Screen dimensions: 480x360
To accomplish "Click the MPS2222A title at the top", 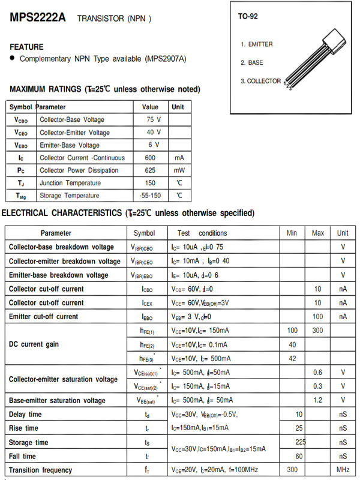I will [38, 17].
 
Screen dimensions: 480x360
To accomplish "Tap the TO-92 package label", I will [248, 16].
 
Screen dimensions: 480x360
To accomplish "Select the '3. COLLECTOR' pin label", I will [260, 81].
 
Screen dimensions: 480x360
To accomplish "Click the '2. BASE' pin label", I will [252, 62].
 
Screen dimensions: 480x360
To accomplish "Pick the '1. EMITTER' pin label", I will [257, 44].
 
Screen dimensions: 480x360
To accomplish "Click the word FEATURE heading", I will [26, 47].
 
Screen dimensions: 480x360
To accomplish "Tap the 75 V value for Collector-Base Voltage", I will [154, 119].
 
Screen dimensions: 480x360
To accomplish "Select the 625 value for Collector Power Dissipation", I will [150, 170].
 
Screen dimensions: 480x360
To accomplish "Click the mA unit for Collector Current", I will [179, 158].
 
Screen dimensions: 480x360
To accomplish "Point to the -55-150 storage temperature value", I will [150, 196].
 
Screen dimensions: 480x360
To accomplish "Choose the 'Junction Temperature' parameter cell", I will [70, 183].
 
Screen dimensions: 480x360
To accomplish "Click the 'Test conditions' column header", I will [202, 233].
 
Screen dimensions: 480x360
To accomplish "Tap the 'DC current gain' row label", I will [34, 344].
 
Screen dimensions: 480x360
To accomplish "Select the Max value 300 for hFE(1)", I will [318, 331].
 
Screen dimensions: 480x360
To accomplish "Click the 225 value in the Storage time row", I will [300, 442].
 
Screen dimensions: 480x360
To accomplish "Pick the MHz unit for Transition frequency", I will [343, 470].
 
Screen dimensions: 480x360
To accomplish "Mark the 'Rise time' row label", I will [23, 428].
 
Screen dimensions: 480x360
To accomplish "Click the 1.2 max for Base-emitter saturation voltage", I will [318, 400].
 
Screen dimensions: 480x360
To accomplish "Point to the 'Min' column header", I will [292, 233].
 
